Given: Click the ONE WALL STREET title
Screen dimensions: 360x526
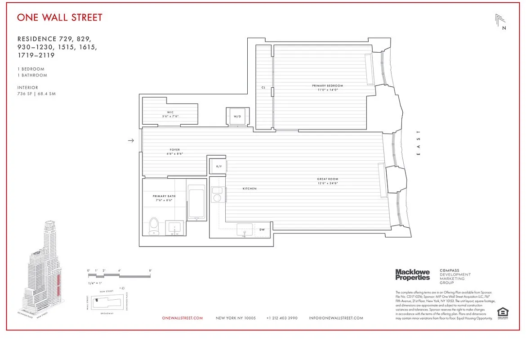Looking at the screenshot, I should pos(60,18).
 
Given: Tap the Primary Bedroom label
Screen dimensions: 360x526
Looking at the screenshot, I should pos(327,85).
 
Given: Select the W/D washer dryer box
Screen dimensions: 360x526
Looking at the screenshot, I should pos(237,116).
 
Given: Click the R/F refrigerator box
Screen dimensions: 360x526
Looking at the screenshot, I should pos(219,166).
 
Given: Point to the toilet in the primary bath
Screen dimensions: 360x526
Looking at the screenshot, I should pos(154,225).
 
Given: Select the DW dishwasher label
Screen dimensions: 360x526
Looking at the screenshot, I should pos(262,229).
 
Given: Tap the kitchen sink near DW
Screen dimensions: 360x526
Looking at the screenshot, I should pos(245,229).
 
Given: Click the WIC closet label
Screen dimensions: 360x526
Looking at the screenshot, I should pos(170,112).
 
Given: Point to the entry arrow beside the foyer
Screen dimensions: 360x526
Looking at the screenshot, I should pos(131,140).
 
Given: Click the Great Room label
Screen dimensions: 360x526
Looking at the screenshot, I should pos(327,179).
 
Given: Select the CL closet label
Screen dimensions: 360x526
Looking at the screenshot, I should pos(263,88).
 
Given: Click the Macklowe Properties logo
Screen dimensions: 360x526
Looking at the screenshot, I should pos(412,274).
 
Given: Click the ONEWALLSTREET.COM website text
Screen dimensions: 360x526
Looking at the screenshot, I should pos(183,318).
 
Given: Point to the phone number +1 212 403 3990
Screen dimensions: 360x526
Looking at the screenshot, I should pos(282,318).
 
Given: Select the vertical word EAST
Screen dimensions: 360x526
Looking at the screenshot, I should pos(419,143).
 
